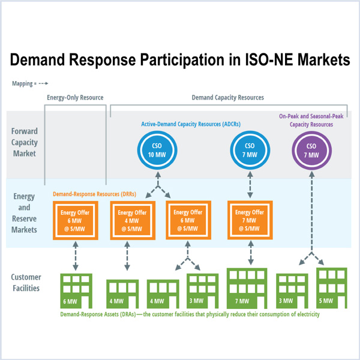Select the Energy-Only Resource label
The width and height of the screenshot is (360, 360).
(x=75, y=97)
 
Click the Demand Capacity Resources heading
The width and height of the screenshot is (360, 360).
(x=227, y=97)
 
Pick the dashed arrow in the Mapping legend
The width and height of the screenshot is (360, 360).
(x=43, y=84)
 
